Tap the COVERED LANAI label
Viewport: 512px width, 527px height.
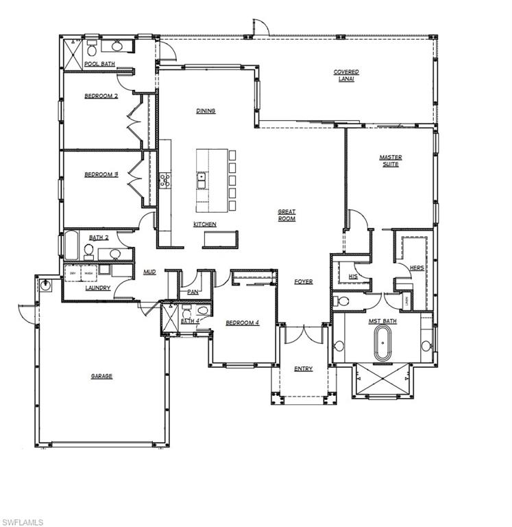coord(346,75)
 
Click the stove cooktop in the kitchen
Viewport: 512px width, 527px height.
coord(165,180)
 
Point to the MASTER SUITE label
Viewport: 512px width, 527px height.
coord(391,161)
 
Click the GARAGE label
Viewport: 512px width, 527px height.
coord(101,376)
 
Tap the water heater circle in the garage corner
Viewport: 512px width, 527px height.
coord(46,283)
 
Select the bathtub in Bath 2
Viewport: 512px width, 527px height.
coord(72,244)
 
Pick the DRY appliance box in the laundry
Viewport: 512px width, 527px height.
coord(73,272)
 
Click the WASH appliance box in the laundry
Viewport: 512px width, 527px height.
coord(89,272)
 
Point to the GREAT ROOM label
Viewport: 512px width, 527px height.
coord(287,215)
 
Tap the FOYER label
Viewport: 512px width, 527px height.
coord(304,281)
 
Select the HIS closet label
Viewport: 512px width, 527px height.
coord(353,276)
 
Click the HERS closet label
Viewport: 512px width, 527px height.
coord(416,268)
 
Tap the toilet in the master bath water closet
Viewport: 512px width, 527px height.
coord(343,301)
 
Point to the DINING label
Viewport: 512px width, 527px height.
coord(206,110)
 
